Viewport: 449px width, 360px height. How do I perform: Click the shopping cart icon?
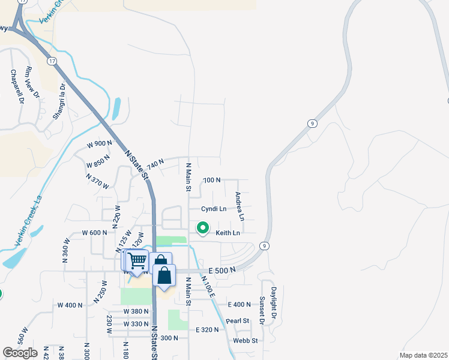[x=137, y=261]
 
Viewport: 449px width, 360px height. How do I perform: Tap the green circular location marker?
[x=203, y=228]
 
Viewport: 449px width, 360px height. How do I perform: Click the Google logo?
[x=19, y=353]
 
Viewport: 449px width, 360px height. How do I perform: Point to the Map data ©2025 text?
[x=423, y=355]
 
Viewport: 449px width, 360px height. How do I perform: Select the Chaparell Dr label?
[x=16, y=87]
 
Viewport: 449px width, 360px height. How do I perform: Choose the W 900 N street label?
[x=99, y=144]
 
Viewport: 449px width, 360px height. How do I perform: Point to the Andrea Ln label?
[x=239, y=206]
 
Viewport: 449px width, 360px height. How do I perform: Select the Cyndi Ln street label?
[x=214, y=209]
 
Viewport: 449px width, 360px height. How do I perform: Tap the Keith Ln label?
[x=228, y=233]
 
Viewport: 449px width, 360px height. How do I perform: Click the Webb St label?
[x=246, y=341]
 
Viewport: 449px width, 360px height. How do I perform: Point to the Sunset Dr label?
[x=262, y=310]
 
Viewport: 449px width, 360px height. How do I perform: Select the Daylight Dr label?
[x=274, y=303]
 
